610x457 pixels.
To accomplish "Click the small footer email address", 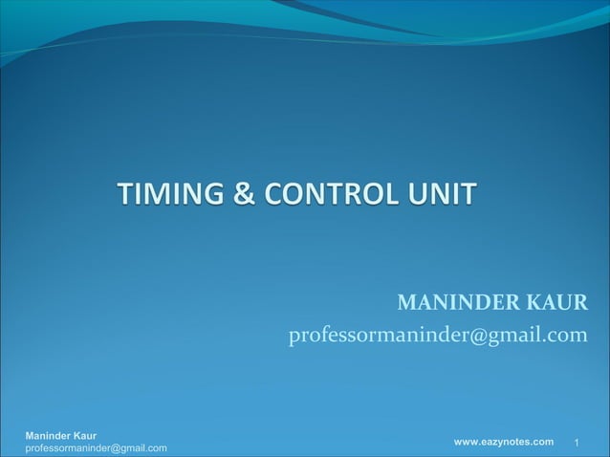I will click(96, 448).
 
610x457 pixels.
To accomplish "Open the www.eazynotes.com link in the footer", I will click(503, 441).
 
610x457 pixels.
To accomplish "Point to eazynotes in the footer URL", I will click(506, 441).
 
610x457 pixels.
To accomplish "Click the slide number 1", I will click(577, 443).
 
